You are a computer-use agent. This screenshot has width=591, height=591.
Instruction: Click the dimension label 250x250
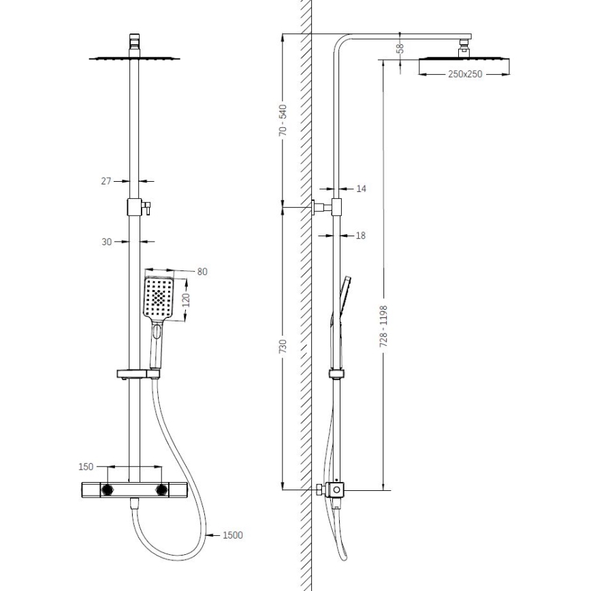(465, 74)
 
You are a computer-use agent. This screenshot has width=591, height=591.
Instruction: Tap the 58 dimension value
(400, 49)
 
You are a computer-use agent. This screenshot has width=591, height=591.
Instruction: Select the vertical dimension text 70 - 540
(283, 121)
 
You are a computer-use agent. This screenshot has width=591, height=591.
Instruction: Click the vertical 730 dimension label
(283, 347)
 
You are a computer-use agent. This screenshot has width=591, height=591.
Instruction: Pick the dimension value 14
(361, 188)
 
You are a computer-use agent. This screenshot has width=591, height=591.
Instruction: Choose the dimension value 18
(361, 236)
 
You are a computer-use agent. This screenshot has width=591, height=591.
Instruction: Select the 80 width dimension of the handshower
(202, 272)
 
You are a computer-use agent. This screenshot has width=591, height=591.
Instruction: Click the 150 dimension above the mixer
(86, 467)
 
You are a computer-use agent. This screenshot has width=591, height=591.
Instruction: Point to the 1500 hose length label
(232, 535)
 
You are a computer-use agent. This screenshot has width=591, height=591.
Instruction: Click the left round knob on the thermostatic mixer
(108, 490)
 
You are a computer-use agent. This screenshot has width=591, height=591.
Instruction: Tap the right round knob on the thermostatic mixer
(162, 490)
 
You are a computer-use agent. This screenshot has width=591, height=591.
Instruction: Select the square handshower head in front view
(159, 297)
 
